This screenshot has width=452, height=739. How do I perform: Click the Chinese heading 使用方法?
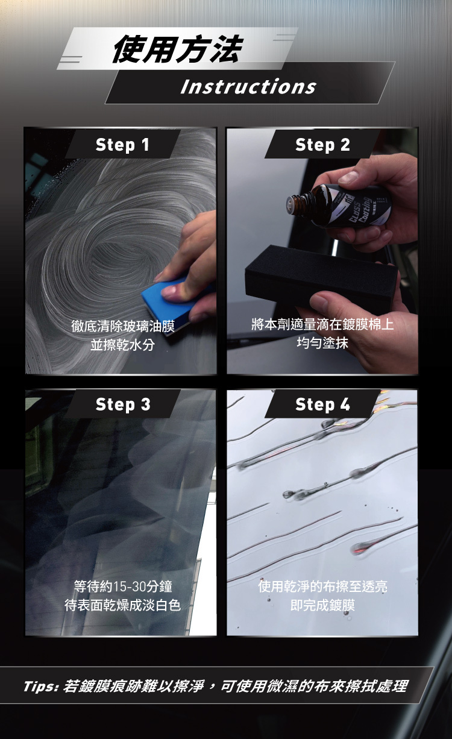tap(178, 49)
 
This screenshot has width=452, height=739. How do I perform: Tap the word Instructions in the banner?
tap(248, 86)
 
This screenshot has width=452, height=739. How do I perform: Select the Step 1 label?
tap(122, 145)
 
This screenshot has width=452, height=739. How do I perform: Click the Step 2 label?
tap(322, 145)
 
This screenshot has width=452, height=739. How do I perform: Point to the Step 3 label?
tap(123, 404)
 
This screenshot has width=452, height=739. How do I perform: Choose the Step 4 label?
tap(322, 404)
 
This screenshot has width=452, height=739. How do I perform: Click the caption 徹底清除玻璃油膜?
tap(123, 326)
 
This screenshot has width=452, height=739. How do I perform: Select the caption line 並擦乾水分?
tap(123, 345)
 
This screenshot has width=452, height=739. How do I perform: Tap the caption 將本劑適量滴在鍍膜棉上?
tap(322, 324)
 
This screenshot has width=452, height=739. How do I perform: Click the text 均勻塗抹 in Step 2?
tap(322, 343)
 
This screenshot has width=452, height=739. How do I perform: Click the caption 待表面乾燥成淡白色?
tap(123, 605)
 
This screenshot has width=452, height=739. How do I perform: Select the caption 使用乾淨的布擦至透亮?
tap(322, 586)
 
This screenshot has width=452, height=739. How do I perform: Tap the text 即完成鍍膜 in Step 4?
tap(322, 605)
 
